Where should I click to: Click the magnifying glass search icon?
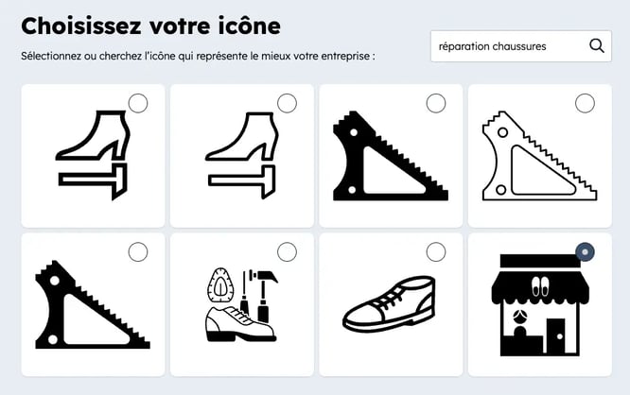tap(596, 45)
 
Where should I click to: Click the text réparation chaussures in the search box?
tap(492, 45)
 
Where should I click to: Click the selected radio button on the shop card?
tap(585, 251)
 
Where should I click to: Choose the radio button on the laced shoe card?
tap(436, 251)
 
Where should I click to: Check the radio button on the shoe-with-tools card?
tap(287, 251)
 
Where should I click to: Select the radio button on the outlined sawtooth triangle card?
tap(585, 103)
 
